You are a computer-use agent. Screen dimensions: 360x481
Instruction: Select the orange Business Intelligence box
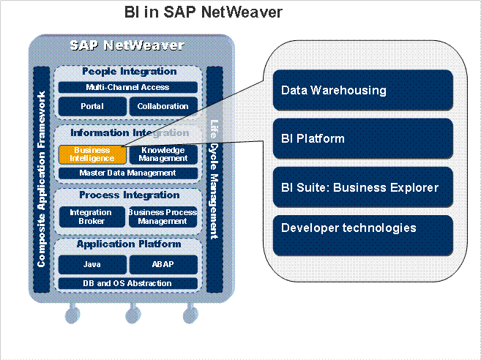click(92, 154)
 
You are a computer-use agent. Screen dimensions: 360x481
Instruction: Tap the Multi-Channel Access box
click(127, 87)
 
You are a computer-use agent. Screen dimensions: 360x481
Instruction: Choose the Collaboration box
click(163, 106)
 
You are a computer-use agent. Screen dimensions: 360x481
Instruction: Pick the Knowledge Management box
click(163, 154)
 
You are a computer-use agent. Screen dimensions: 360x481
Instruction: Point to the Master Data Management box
click(127, 173)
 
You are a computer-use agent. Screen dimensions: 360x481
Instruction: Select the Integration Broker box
click(92, 217)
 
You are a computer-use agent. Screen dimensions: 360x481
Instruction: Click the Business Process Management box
click(163, 217)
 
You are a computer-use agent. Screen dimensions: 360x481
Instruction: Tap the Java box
click(92, 264)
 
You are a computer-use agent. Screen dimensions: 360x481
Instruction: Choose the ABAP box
click(163, 264)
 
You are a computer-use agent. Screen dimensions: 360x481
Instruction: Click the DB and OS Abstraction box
click(127, 283)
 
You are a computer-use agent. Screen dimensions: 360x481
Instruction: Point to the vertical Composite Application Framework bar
click(42, 179)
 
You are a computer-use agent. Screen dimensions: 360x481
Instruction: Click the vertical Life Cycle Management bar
click(215, 179)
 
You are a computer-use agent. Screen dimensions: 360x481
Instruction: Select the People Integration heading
click(129, 72)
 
